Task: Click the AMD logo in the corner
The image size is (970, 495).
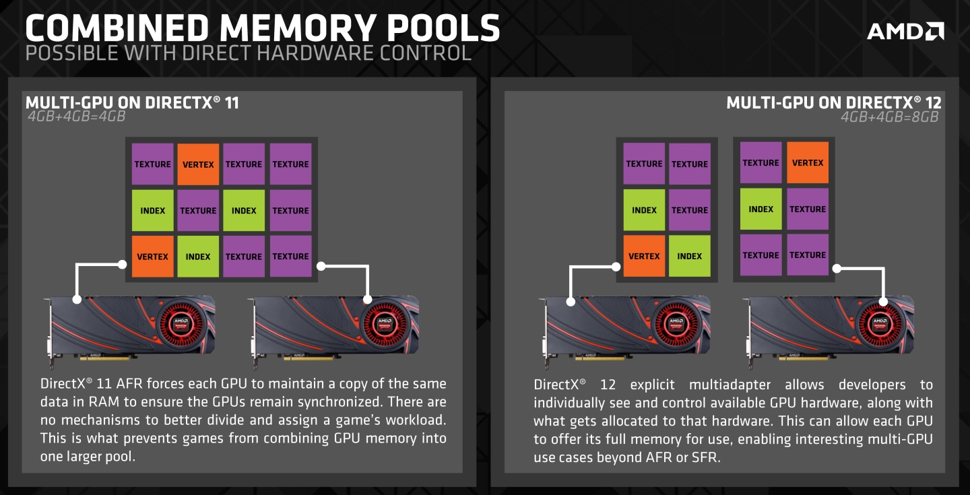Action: pos(905,30)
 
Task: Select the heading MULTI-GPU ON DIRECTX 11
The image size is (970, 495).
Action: pos(132,102)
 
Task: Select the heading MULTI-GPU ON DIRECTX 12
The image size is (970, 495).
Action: pos(834,102)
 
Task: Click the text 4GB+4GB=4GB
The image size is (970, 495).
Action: pos(76,116)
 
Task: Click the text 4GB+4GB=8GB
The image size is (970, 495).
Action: pos(889,116)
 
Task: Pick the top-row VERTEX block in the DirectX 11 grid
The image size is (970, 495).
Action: pos(198,164)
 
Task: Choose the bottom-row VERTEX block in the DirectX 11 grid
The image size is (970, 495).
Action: pos(152,257)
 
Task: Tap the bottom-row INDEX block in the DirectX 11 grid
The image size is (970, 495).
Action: pos(198,257)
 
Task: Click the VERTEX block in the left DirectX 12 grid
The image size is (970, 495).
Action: pos(644,256)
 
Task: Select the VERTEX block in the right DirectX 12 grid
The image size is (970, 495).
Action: pos(808,162)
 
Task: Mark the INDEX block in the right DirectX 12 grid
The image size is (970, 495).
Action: pos(761,209)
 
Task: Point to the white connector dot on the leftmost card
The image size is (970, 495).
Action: pos(77,299)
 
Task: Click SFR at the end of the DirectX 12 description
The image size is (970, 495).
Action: pos(707,457)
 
